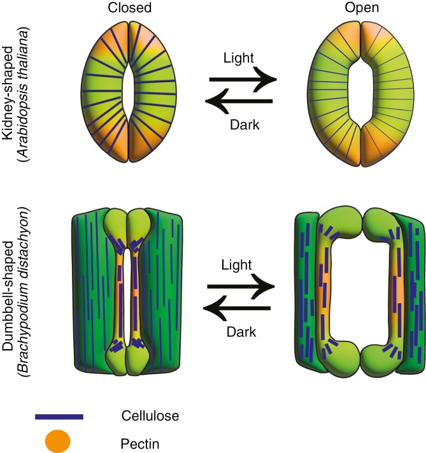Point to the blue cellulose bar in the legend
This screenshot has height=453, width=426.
(59, 417)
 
